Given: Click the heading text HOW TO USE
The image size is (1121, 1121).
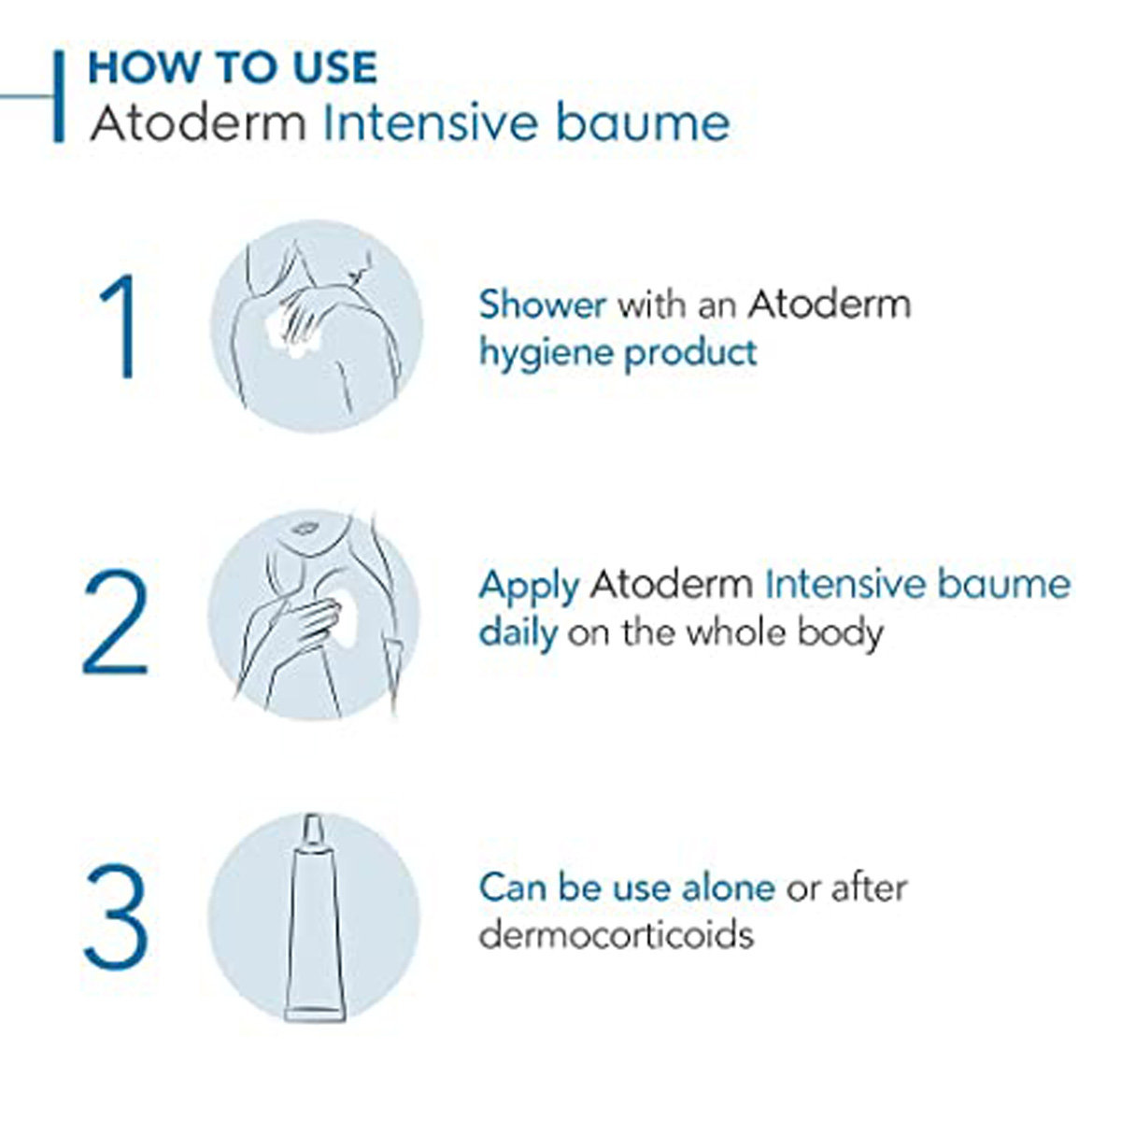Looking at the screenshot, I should tap(233, 67).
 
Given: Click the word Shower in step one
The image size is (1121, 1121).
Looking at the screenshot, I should tap(543, 305).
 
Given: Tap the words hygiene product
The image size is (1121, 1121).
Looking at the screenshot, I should tap(617, 354).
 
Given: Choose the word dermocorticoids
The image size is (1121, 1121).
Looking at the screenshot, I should tap(616, 933).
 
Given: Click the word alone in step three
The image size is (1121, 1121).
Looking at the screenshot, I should tap(728, 887).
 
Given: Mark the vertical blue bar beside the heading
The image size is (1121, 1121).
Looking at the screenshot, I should tap(59, 97).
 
